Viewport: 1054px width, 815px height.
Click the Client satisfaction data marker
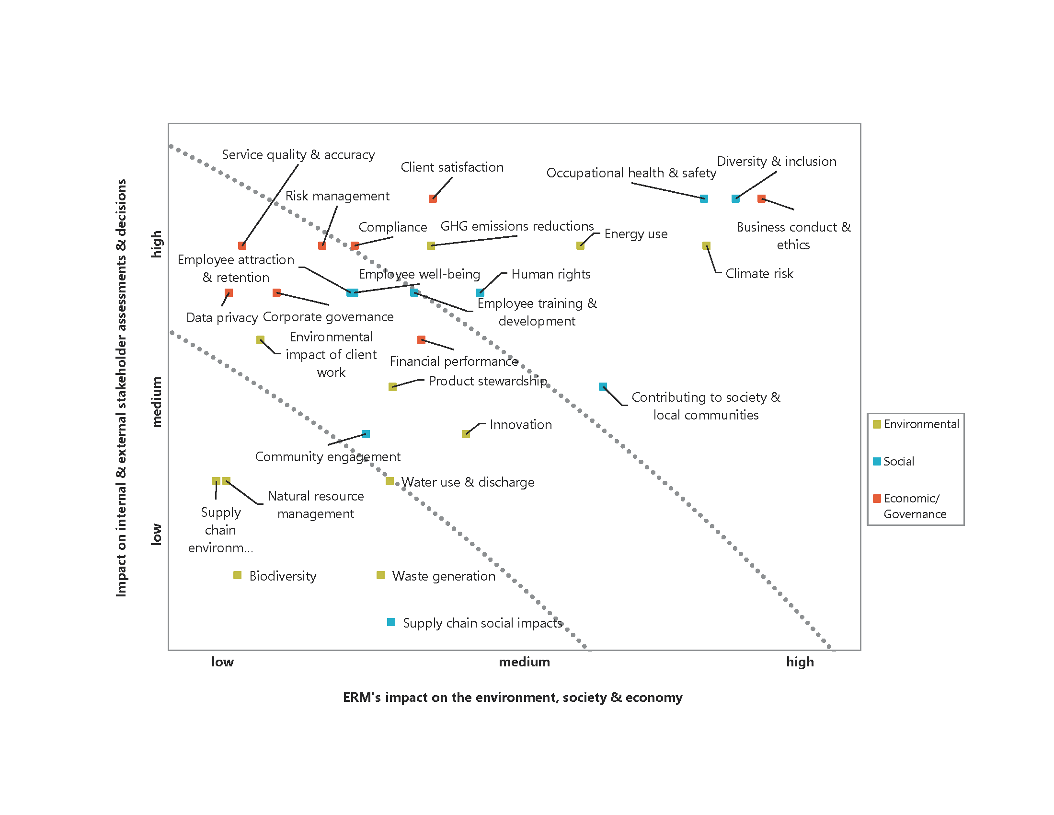(x=433, y=198)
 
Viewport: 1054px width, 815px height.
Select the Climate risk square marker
(x=706, y=246)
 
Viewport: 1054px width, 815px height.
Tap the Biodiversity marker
(x=237, y=574)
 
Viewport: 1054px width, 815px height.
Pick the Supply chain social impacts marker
(x=391, y=622)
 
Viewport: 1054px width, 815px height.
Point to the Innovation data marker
(x=466, y=433)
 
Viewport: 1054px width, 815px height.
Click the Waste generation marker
(x=380, y=574)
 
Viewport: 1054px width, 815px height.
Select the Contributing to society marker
(x=603, y=386)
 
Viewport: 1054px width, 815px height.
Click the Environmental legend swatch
(x=877, y=424)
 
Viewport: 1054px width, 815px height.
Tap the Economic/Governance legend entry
(x=910, y=505)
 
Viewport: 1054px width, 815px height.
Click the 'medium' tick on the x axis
(x=524, y=662)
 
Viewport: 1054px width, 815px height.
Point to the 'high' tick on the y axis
(x=156, y=244)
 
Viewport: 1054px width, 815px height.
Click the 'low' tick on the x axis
(x=222, y=662)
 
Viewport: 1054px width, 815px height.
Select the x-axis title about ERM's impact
(x=513, y=697)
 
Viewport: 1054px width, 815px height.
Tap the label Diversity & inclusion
(x=777, y=161)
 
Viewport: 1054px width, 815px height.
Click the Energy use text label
(x=636, y=233)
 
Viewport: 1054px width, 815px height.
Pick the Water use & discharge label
(x=468, y=482)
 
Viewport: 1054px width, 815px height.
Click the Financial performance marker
(x=421, y=339)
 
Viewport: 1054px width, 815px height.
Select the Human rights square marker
(x=480, y=292)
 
